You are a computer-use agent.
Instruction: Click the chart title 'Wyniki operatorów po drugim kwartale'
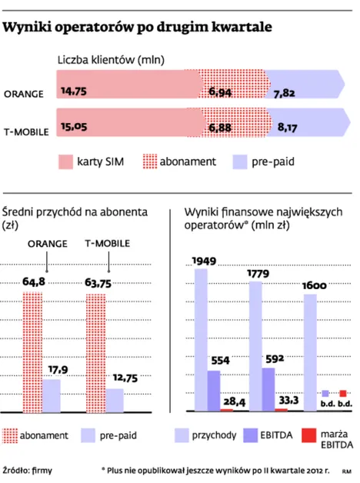click(138, 28)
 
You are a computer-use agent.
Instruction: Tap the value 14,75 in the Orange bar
click(74, 92)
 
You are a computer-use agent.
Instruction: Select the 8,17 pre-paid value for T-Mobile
click(287, 127)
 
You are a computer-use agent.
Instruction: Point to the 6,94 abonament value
click(220, 92)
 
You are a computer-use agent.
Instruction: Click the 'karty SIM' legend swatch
click(65, 162)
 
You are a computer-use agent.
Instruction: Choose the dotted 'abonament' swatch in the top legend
click(150, 162)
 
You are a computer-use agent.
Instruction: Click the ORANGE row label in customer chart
click(24, 94)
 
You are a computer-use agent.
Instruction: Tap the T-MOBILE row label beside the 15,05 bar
click(26, 132)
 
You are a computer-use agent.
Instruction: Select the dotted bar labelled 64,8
click(32, 352)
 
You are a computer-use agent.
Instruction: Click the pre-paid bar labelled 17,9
click(52, 396)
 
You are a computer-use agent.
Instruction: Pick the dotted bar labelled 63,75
click(96, 353)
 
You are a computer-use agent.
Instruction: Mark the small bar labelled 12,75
click(115, 401)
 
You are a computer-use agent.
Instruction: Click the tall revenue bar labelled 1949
click(201, 340)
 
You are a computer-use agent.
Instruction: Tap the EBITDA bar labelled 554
click(214, 391)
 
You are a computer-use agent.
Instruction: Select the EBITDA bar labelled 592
click(268, 389)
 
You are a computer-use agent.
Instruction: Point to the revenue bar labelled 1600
click(310, 353)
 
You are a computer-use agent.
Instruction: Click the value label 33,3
click(289, 400)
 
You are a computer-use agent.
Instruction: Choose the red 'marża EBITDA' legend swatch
click(309, 435)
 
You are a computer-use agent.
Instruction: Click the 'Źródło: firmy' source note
click(28, 471)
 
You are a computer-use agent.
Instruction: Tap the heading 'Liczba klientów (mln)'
click(111, 60)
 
